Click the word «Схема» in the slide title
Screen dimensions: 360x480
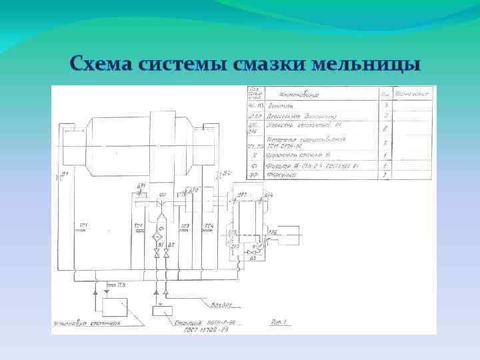pos(101,65)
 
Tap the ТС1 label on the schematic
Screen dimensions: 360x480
pos(83,225)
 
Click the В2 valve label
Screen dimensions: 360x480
pos(170,245)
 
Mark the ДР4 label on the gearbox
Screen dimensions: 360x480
pos(268,195)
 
